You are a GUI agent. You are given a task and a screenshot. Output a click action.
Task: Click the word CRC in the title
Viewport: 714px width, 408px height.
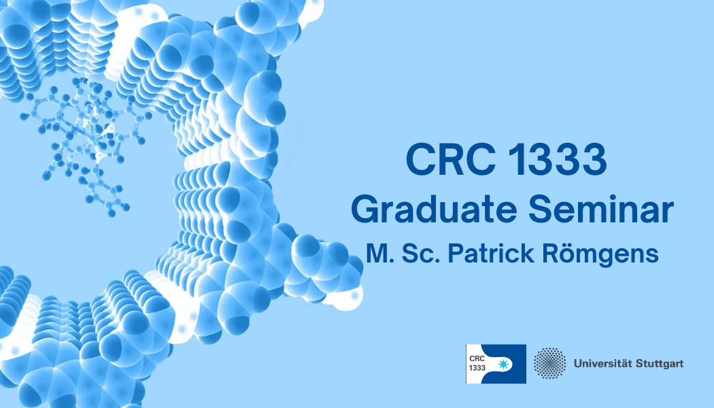[x=450, y=159]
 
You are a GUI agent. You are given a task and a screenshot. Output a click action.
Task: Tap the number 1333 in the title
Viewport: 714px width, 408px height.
[x=556, y=159]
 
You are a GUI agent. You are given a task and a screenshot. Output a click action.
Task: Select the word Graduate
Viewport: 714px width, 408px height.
[x=434, y=209]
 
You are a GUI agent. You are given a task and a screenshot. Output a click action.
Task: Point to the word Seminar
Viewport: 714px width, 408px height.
[x=600, y=209]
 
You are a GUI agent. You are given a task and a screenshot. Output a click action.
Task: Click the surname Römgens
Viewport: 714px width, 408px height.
[x=600, y=254]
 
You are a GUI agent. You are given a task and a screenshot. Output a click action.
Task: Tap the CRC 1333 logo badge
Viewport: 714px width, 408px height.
[x=496, y=364]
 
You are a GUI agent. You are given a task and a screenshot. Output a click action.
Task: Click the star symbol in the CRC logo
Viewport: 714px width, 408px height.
[x=503, y=364]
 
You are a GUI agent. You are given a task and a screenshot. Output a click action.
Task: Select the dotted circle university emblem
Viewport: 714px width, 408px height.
[x=549, y=363]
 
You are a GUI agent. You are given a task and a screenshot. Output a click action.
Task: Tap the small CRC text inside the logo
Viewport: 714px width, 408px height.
[x=477, y=358]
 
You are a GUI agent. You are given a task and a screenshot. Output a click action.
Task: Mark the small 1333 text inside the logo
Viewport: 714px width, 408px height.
[x=477, y=368]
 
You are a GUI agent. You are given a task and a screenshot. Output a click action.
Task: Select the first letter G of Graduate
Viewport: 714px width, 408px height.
[x=364, y=209]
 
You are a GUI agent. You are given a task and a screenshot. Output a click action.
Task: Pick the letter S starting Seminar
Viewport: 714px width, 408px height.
[x=540, y=209]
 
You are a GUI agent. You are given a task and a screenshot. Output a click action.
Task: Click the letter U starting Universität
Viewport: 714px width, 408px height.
[x=578, y=364]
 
